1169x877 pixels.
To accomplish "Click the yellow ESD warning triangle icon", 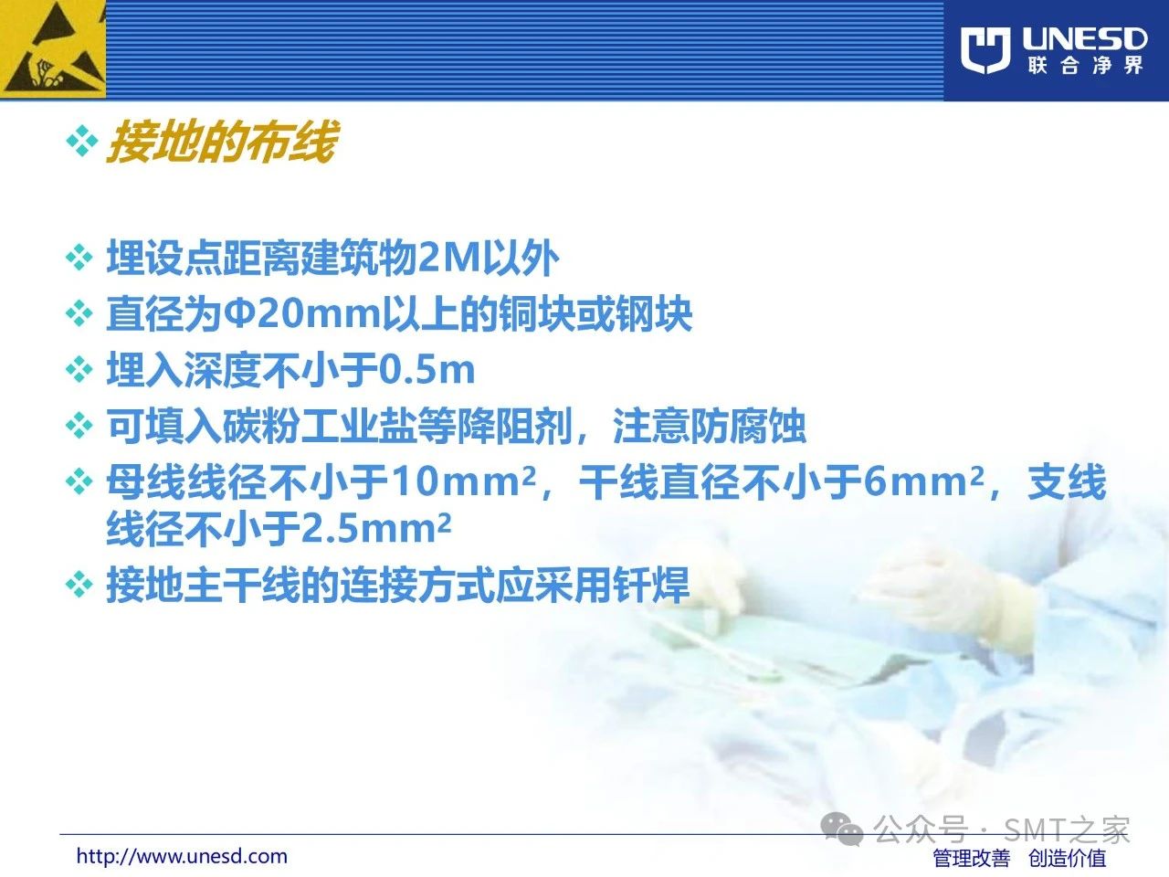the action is [53, 49].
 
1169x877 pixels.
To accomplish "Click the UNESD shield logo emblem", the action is [985, 50].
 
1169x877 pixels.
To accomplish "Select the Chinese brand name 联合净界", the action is [1085, 66].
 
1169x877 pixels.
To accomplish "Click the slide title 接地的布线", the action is [222, 141].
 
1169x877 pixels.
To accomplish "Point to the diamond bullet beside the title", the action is [82, 142].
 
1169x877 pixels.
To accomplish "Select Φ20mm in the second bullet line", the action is [302, 314].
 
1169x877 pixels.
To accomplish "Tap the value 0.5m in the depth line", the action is [427, 370].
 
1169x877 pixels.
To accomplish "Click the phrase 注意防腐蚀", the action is [709, 427].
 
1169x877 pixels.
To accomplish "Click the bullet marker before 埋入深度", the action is [79, 369].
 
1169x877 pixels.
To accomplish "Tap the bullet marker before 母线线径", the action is [79, 481].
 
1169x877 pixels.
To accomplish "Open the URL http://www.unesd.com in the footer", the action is [182, 856].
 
